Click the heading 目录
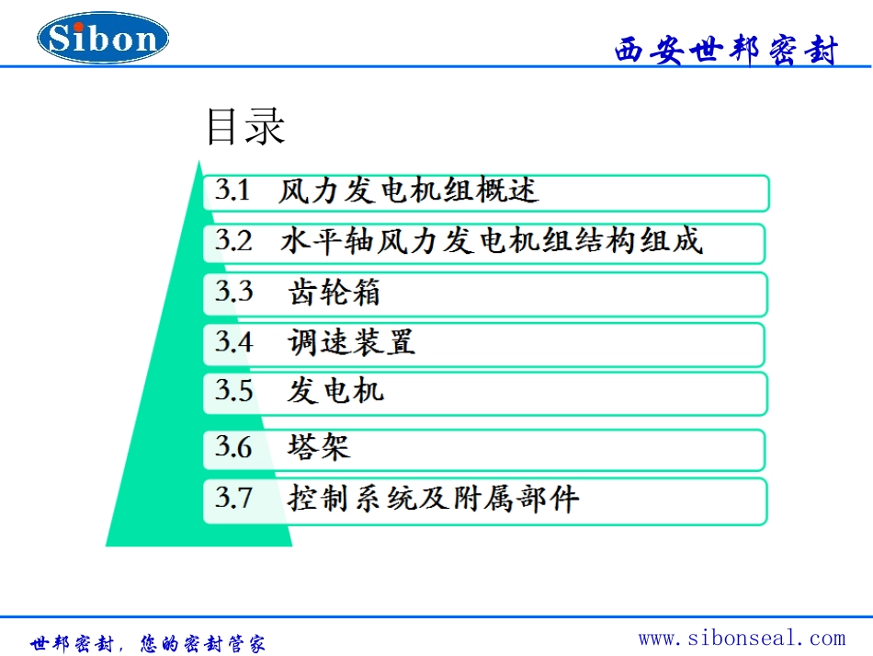click(x=245, y=127)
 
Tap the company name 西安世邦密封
click(x=726, y=51)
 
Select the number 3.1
click(x=232, y=191)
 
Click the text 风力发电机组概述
click(x=409, y=191)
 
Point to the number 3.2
click(x=233, y=242)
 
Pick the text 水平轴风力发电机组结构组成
click(x=492, y=242)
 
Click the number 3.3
click(x=233, y=293)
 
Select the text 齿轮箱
click(x=334, y=293)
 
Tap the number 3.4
click(x=233, y=342)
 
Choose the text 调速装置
click(x=352, y=342)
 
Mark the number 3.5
click(x=233, y=391)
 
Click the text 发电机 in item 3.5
click(x=335, y=391)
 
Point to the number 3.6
click(x=233, y=448)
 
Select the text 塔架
click(x=319, y=448)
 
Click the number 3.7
click(x=233, y=499)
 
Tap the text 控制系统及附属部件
click(x=434, y=499)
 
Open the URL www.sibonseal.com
click(x=742, y=638)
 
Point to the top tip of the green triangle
click(x=198, y=161)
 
